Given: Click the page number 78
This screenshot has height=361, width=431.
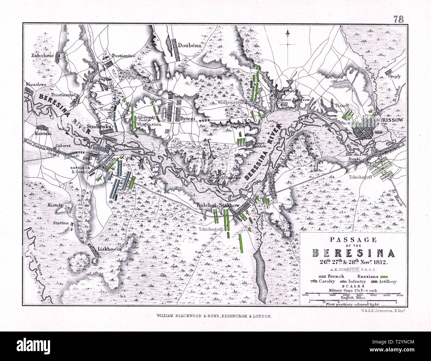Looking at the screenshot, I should pyautogui.click(x=399, y=19).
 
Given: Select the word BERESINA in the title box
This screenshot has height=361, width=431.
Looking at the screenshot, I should pyautogui.click(x=354, y=253).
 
